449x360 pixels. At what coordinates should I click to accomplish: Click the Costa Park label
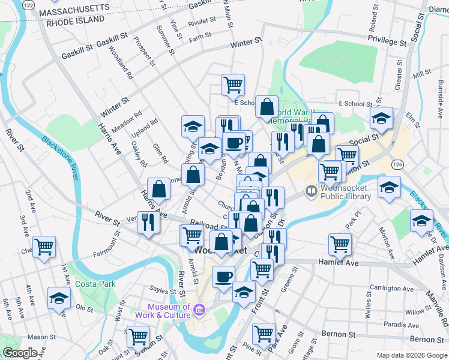click(92, 283)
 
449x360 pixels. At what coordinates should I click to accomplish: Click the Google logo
click(20, 353)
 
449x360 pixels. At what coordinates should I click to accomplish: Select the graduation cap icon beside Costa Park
click(59, 299)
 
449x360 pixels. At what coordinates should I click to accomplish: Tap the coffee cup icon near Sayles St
click(223, 277)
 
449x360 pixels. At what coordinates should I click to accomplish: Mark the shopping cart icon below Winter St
click(233, 84)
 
